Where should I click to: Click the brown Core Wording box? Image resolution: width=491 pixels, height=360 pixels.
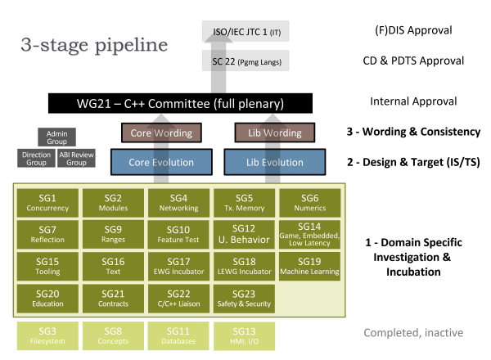click(162, 133)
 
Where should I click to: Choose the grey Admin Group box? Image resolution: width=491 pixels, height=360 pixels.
click(56, 137)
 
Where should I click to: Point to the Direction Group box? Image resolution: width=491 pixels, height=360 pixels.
click(36, 158)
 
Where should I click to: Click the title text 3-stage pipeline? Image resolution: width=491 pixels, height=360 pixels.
click(91, 44)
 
